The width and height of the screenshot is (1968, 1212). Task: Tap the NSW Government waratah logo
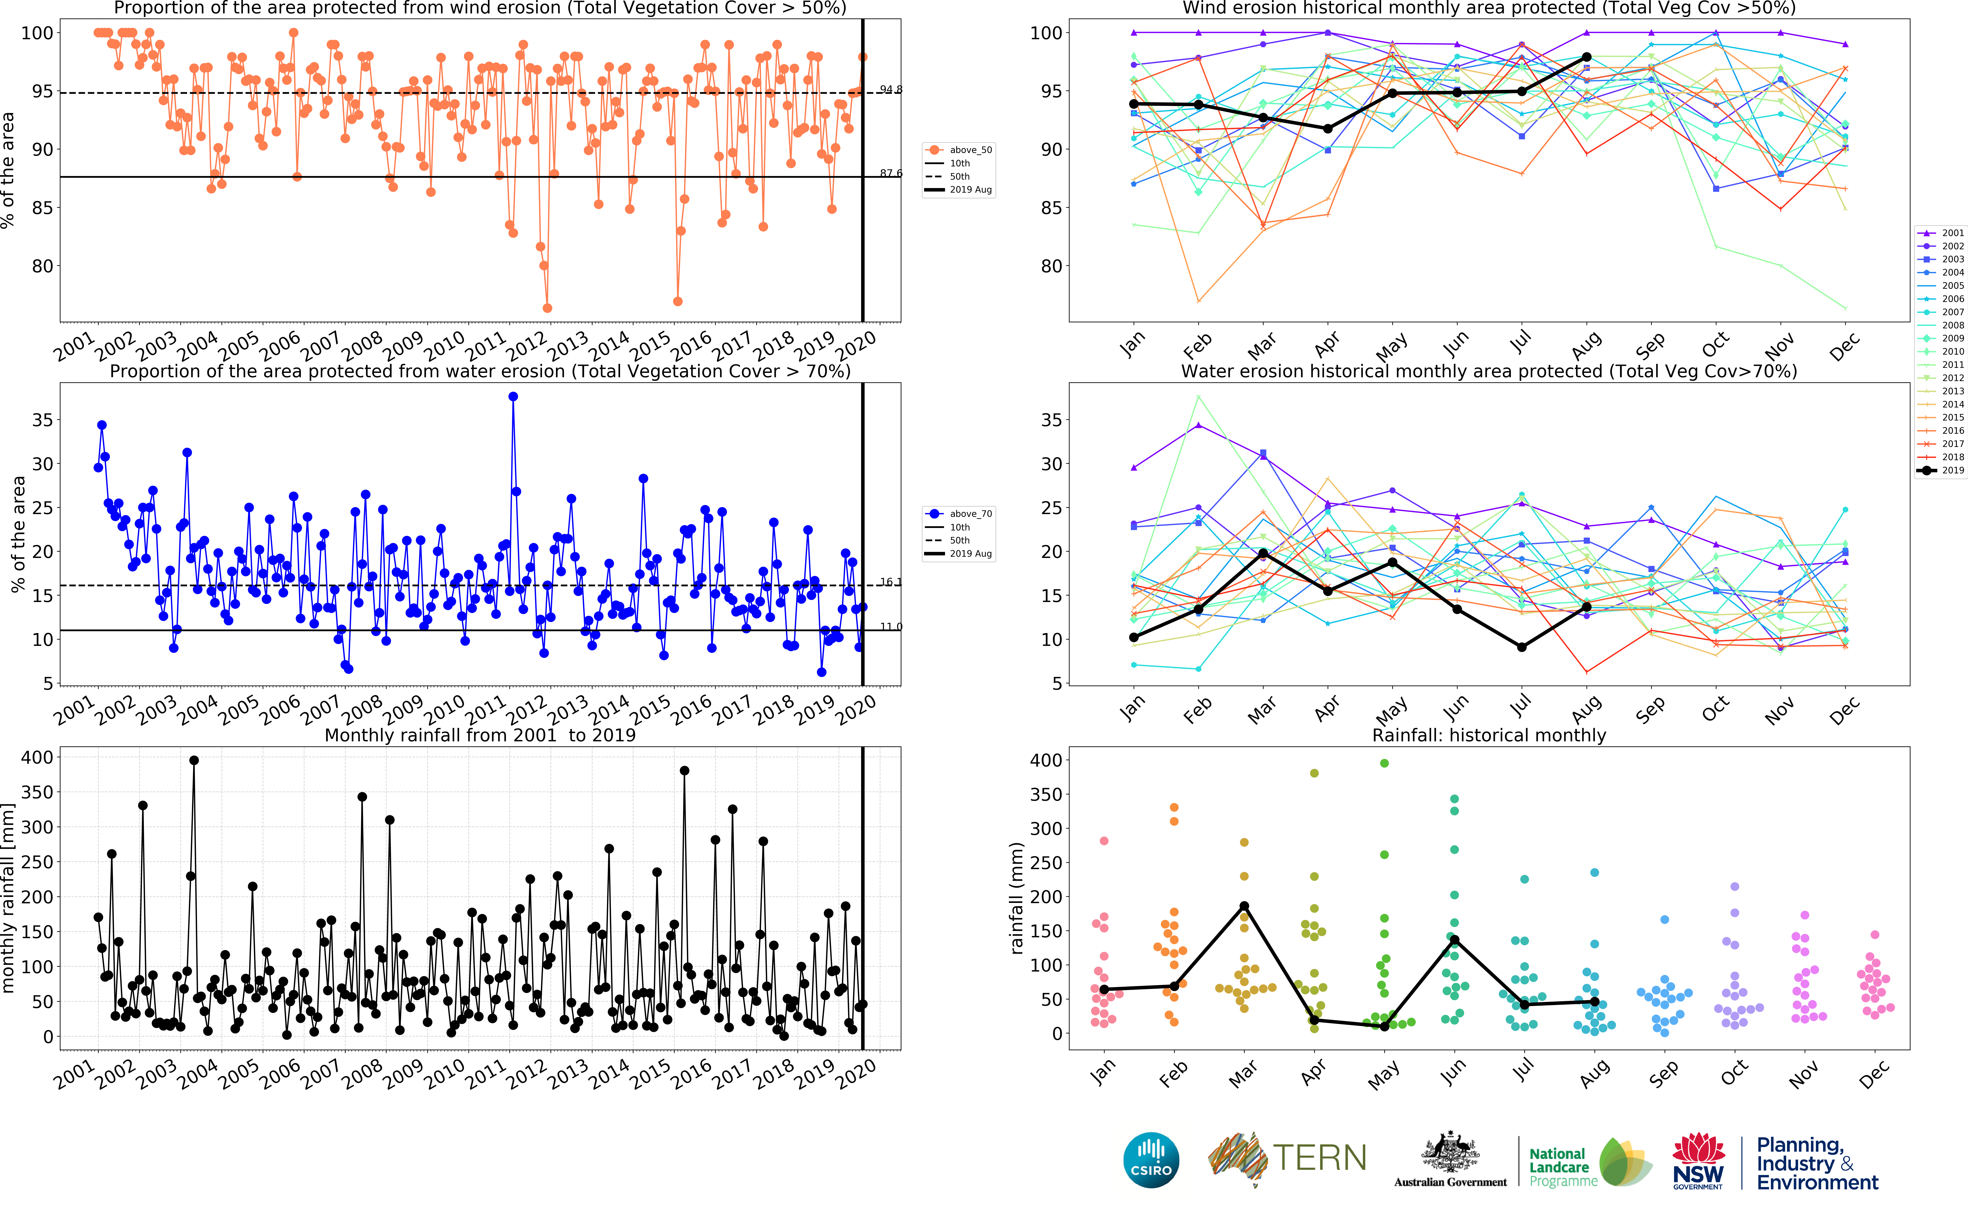tap(1699, 1160)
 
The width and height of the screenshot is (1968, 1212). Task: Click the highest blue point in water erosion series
tap(513, 397)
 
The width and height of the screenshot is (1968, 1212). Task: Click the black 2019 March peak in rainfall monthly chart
tap(1244, 907)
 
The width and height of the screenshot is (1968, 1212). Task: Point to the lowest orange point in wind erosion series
tap(547, 308)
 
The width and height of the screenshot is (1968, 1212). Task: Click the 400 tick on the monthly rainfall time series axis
tap(37, 757)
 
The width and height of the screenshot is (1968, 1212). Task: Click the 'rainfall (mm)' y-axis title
tap(1017, 898)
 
